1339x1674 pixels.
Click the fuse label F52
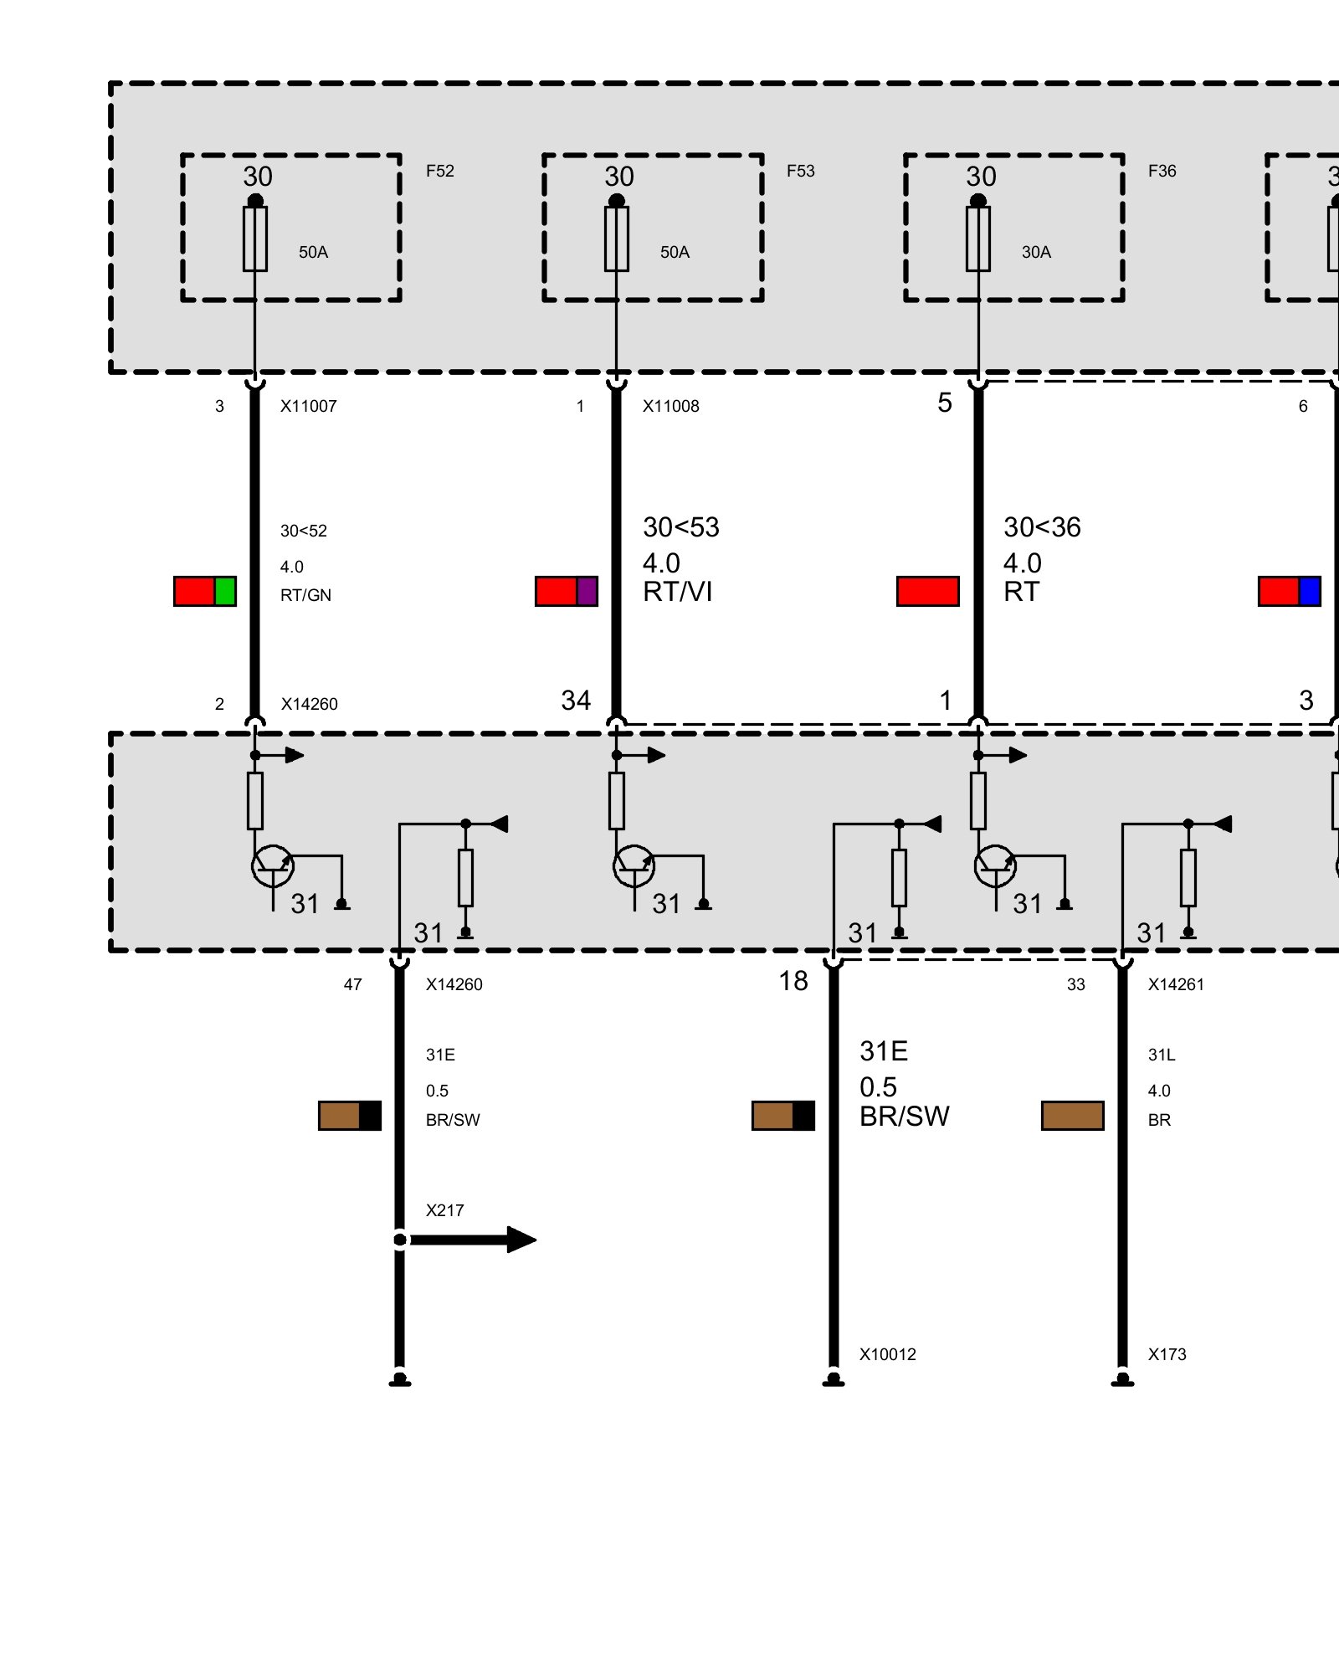coord(439,172)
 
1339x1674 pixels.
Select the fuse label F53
coord(800,172)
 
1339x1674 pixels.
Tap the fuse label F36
coord(1162,172)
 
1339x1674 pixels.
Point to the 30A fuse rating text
coord(1036,253)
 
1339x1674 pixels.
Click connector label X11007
coord(308,407)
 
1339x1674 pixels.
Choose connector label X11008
coord(670,407)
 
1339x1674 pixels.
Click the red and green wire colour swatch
coord(205,591)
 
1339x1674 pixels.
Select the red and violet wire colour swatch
coord(567,591)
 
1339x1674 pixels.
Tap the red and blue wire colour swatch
coord(1289,591)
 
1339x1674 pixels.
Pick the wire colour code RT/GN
coord(305,595)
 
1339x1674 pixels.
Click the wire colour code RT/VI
coord(677,592)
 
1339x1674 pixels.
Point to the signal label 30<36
coord(1042,527)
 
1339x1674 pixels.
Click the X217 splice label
coord(444,1210)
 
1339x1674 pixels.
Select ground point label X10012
coord(887,1354)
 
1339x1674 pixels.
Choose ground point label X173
coord(1167,1354)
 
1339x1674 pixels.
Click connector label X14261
coord(1176,984)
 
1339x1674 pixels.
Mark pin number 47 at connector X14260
coord(352,984)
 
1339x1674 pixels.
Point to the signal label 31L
coord(1162,1055)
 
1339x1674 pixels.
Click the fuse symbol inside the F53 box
coord(617,239)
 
